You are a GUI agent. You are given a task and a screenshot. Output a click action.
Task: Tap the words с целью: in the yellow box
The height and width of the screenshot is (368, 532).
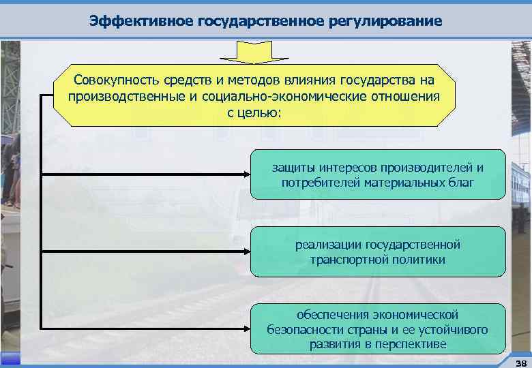[x=254, y=111]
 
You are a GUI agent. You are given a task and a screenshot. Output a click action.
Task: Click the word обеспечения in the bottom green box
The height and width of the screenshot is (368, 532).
[x=331, y=314]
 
